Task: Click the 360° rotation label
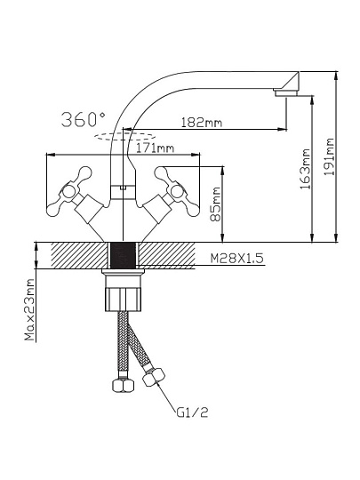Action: click(84, 119)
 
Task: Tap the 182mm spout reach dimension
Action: click(202, 123)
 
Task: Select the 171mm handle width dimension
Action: click(155, 148)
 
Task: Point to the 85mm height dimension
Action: click(216, 204)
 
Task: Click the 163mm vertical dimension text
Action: click(305, 169)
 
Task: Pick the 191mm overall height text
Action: click(329, 156)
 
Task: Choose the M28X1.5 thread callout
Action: click(236, 259)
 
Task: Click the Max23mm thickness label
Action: click(29, 309)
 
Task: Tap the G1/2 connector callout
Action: click(192, 412)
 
